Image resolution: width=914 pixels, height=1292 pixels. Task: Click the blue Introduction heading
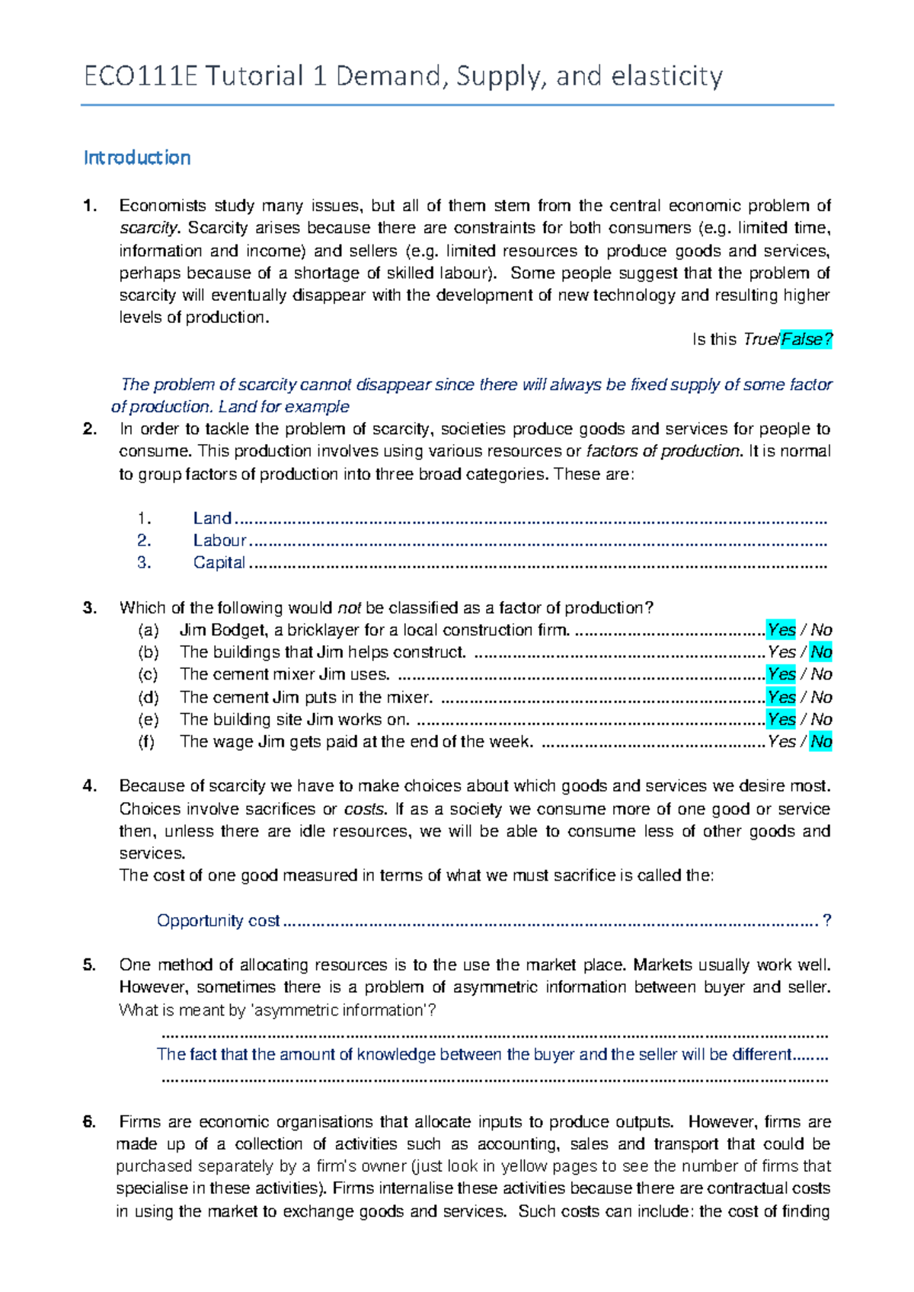pos(137,158)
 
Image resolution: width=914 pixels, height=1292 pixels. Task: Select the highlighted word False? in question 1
pos(807,340)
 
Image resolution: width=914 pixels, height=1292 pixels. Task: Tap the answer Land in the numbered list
pos(212,519)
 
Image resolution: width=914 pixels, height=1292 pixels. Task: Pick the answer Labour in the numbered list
pos(219,541)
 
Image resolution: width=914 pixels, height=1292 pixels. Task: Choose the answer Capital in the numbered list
pos(219,563)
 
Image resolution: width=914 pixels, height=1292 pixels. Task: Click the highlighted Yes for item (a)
pos(781,630)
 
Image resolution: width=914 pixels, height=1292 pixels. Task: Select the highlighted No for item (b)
pos(821,652)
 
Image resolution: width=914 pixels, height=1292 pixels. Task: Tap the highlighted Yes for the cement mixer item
pos(781,674)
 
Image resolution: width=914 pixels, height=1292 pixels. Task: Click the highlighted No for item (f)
pos(821,741)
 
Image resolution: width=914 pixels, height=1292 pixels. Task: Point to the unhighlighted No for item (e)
pos(821,719)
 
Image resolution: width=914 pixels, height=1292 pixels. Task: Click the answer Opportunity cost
pos(218,921)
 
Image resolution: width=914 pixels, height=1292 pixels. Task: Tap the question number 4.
pos(90,786)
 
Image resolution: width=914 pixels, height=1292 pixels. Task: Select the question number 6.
pos(90,1122)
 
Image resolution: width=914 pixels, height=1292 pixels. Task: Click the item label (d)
pos(149,697)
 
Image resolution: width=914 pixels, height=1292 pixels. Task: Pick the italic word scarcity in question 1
pos(148,229)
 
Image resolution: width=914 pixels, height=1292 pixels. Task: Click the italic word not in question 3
pos(349,608)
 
